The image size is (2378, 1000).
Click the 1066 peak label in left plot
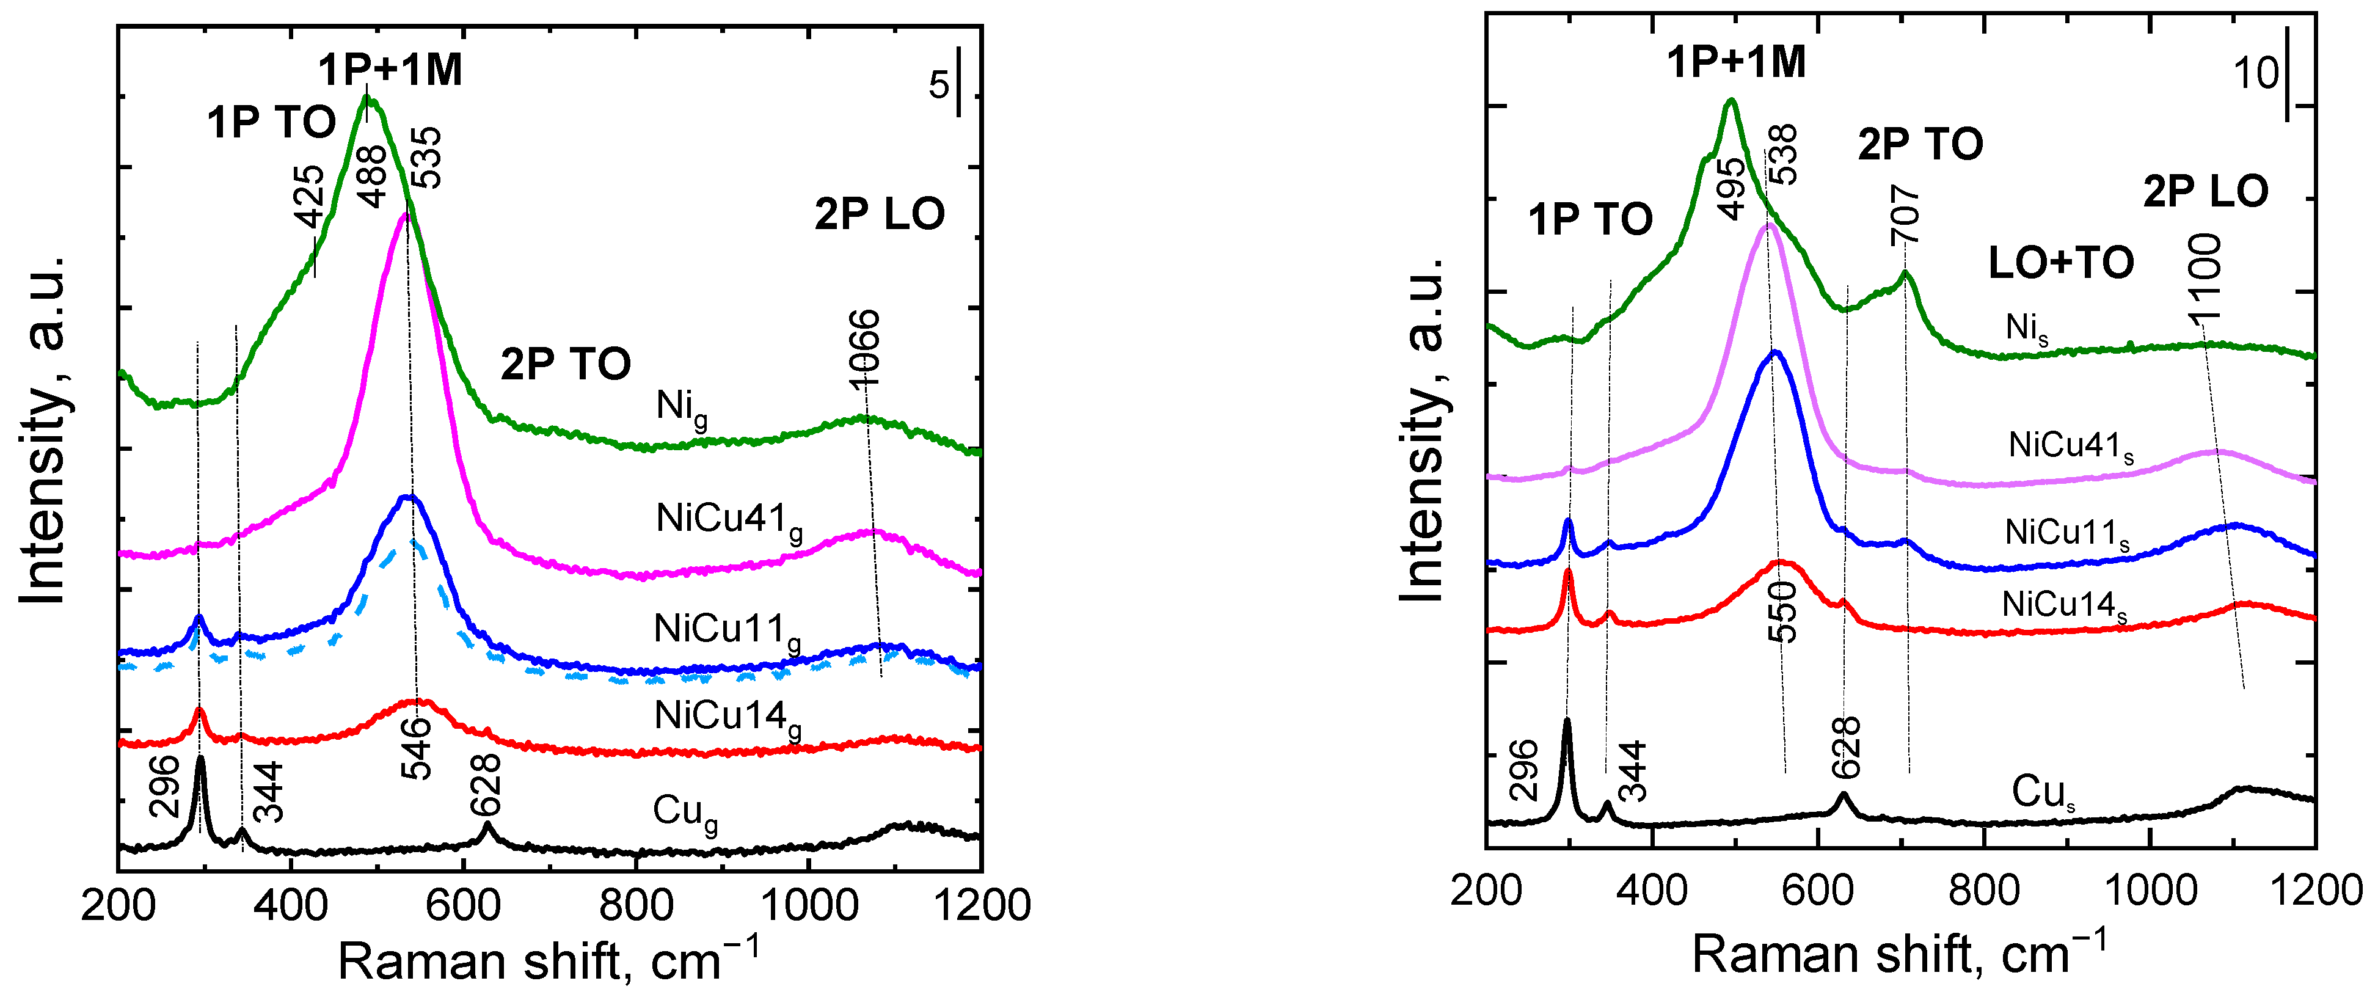[864, 348]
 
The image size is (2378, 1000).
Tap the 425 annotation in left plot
[309, 195]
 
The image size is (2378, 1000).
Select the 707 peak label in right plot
[1905, 214]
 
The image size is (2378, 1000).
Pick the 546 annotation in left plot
[417, 748]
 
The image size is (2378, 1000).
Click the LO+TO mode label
[2060, 263]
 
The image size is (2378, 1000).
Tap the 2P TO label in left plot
[565, 364]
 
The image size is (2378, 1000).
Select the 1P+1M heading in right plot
[1735, 62]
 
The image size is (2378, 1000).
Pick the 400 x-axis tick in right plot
[1652, 890]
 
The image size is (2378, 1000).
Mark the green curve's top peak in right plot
[1731, 101]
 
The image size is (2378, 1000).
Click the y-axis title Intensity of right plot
[1421, 429]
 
